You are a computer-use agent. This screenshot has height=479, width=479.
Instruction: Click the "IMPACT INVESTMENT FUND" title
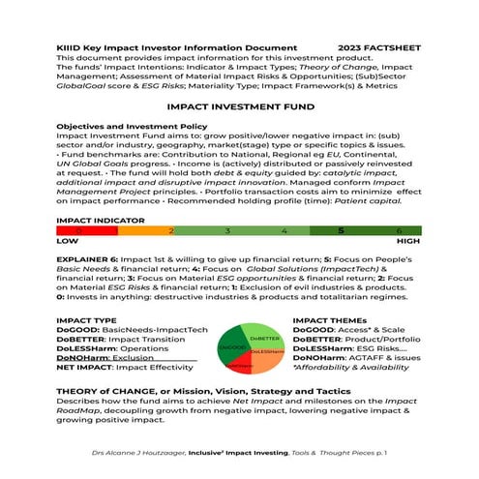(x=239, y=111)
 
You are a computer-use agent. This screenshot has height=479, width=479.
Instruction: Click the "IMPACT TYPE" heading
(x=87, y=318)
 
